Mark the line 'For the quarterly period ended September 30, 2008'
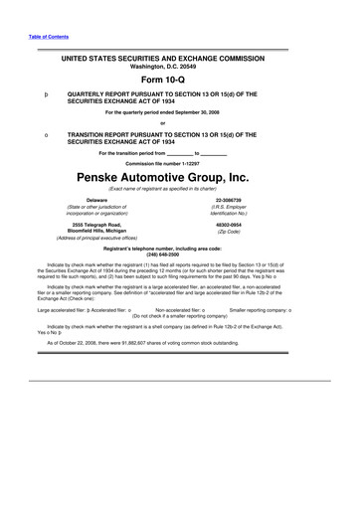click(179, 113)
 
